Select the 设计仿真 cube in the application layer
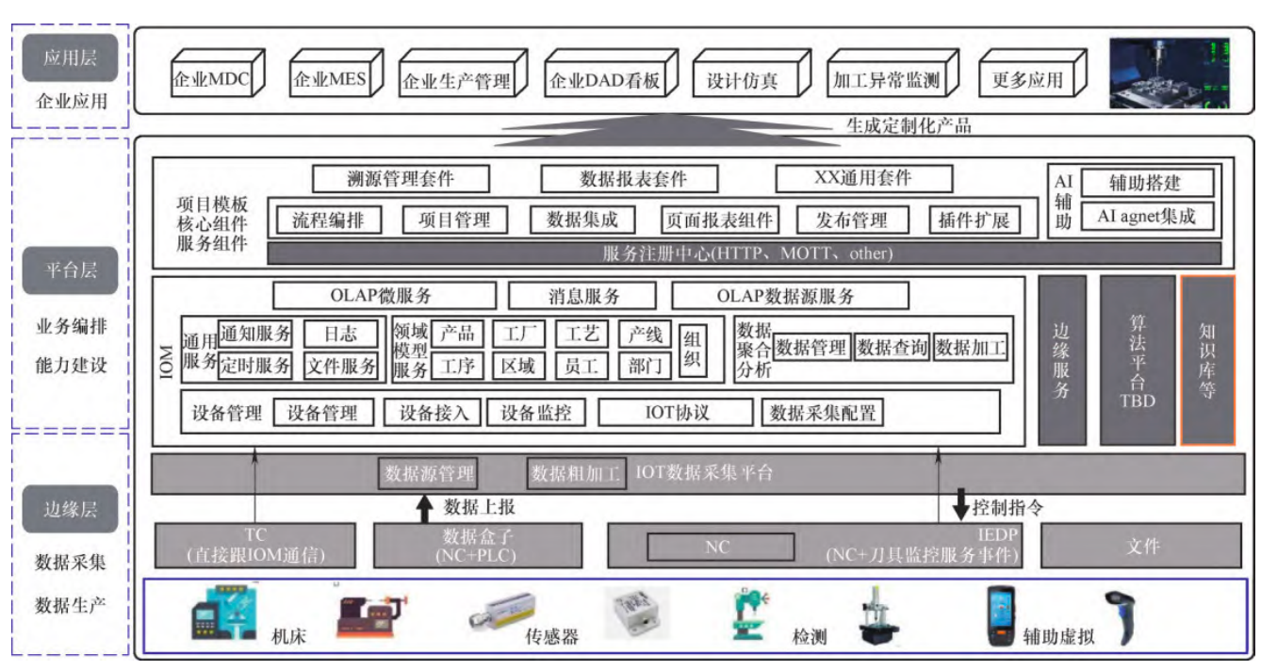742,80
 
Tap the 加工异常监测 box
885,80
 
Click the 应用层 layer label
69,59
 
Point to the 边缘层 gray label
69,510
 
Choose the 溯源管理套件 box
401,178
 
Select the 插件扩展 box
974,221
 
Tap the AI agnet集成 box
1146,216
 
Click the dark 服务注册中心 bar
745,253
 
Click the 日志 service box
340,334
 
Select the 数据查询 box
892,348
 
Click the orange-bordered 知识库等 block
1207,360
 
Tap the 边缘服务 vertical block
1062,360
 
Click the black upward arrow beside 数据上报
425,508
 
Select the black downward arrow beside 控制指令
960,504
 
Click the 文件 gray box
1141,546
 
